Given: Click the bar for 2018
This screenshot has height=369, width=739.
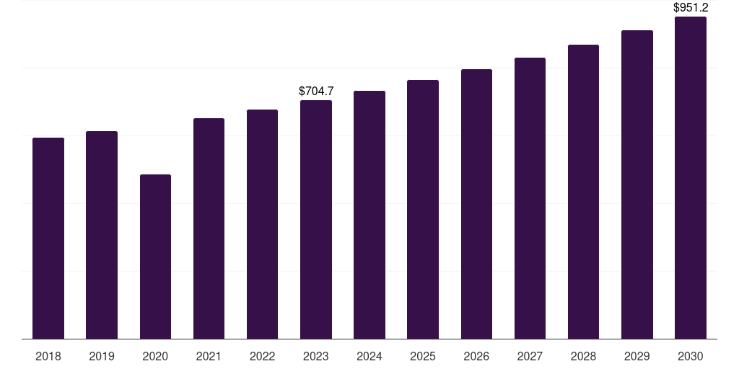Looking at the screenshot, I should pyautogui.click(x=48, y=238).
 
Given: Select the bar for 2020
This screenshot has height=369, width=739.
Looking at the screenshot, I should pyautogui.click(x=155, y=257).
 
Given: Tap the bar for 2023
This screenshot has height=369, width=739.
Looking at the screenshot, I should pyautogui.click(x=316, y=219).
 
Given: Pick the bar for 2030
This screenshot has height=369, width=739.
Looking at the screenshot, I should pyautogui.click(x=691, y=177).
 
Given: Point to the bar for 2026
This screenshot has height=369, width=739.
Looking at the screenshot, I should pyautogui.click(x=476, y=204).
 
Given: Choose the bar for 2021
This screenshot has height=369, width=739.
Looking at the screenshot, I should pyautogui.click(x=209, y=228).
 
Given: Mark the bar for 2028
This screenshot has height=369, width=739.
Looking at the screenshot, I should pyautogui.click(x=583, y=192).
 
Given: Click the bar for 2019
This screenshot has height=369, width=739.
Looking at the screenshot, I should pyautogui.click(x=102, y=235).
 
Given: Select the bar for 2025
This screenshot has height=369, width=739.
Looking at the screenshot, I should pyautogui.click(x=423, y=209).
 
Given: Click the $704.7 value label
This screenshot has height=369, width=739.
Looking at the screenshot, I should pyautogui.click(x=316, y=92).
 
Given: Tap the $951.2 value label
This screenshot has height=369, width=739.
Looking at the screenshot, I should pyautogui.click(x=691, y=8).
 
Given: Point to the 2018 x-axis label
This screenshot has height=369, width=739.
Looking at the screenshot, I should pyautogui.click(x=48, y=357).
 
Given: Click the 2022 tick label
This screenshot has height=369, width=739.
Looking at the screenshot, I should pyautogui.click(x=263, y=357).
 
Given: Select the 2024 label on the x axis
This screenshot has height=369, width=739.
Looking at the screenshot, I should pyautogui.click(x=369, y=357).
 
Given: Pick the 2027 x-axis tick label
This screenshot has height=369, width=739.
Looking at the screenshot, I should pyautogui.click(x=530, y=357).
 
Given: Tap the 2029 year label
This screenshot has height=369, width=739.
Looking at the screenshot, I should pyautogui.click(x=637, y=357).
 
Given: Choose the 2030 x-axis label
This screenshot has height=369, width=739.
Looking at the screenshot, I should pyautogui.click(x=691, y=357).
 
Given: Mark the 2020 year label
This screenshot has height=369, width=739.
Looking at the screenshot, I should pyautogui.click(x=155, y=357).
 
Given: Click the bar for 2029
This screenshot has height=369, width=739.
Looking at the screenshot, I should pyautogui.click(x=637, y=184).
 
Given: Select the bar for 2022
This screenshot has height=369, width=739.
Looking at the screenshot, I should pyautogui.click(x=263, y=224).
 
